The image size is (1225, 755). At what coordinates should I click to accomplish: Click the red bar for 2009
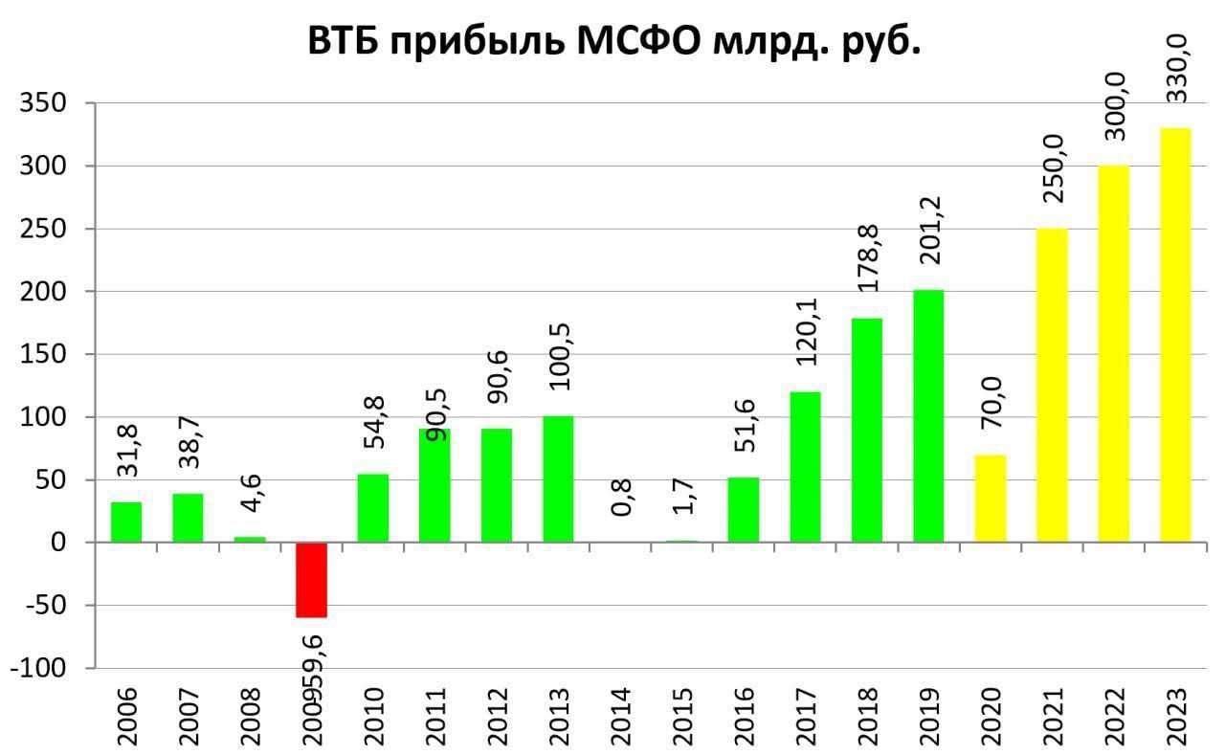[x=311, y=580]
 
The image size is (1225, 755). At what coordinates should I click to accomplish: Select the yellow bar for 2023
[x=1175, y=335]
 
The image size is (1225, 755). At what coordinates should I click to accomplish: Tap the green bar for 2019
[x=927, y=416]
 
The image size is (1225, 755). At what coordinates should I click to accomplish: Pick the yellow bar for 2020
[x=990, y=499]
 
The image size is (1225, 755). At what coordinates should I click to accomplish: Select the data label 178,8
[x=867, y=260]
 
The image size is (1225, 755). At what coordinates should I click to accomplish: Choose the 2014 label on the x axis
[x=620, y=711]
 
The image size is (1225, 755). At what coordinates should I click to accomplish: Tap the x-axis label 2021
[x=1052, y=711]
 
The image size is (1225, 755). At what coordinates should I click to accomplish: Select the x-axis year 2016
[x=744, y=711]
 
